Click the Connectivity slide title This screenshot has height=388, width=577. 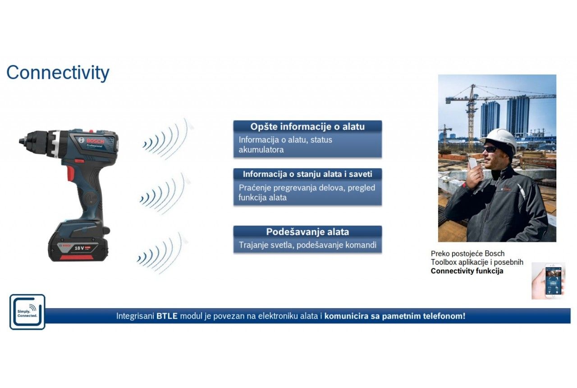click(x=58, y=73)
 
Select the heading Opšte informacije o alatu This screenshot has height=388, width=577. click(x=307, y=127)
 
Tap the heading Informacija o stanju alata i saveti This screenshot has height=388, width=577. click(x=307, y=174)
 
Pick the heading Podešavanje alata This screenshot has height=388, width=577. click(x=307, y=232)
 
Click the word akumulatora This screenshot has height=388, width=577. click(x=261, y=149)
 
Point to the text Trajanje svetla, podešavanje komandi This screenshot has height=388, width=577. click(x=307, y=245)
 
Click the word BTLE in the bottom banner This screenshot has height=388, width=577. click(x=167, y=316)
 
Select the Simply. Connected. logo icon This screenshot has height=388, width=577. click(x=27, y=312)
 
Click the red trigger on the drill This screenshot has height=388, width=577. click(x=70, y=172)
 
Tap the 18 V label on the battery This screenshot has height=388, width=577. click(x=79, y=248)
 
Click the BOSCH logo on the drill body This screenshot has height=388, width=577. click(x=95, y=141)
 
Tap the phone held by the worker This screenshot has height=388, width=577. click(x=473, y=163)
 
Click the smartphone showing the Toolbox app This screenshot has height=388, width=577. click(x=553, y=281)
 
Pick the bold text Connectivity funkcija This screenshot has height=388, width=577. click(x=467, y=271)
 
